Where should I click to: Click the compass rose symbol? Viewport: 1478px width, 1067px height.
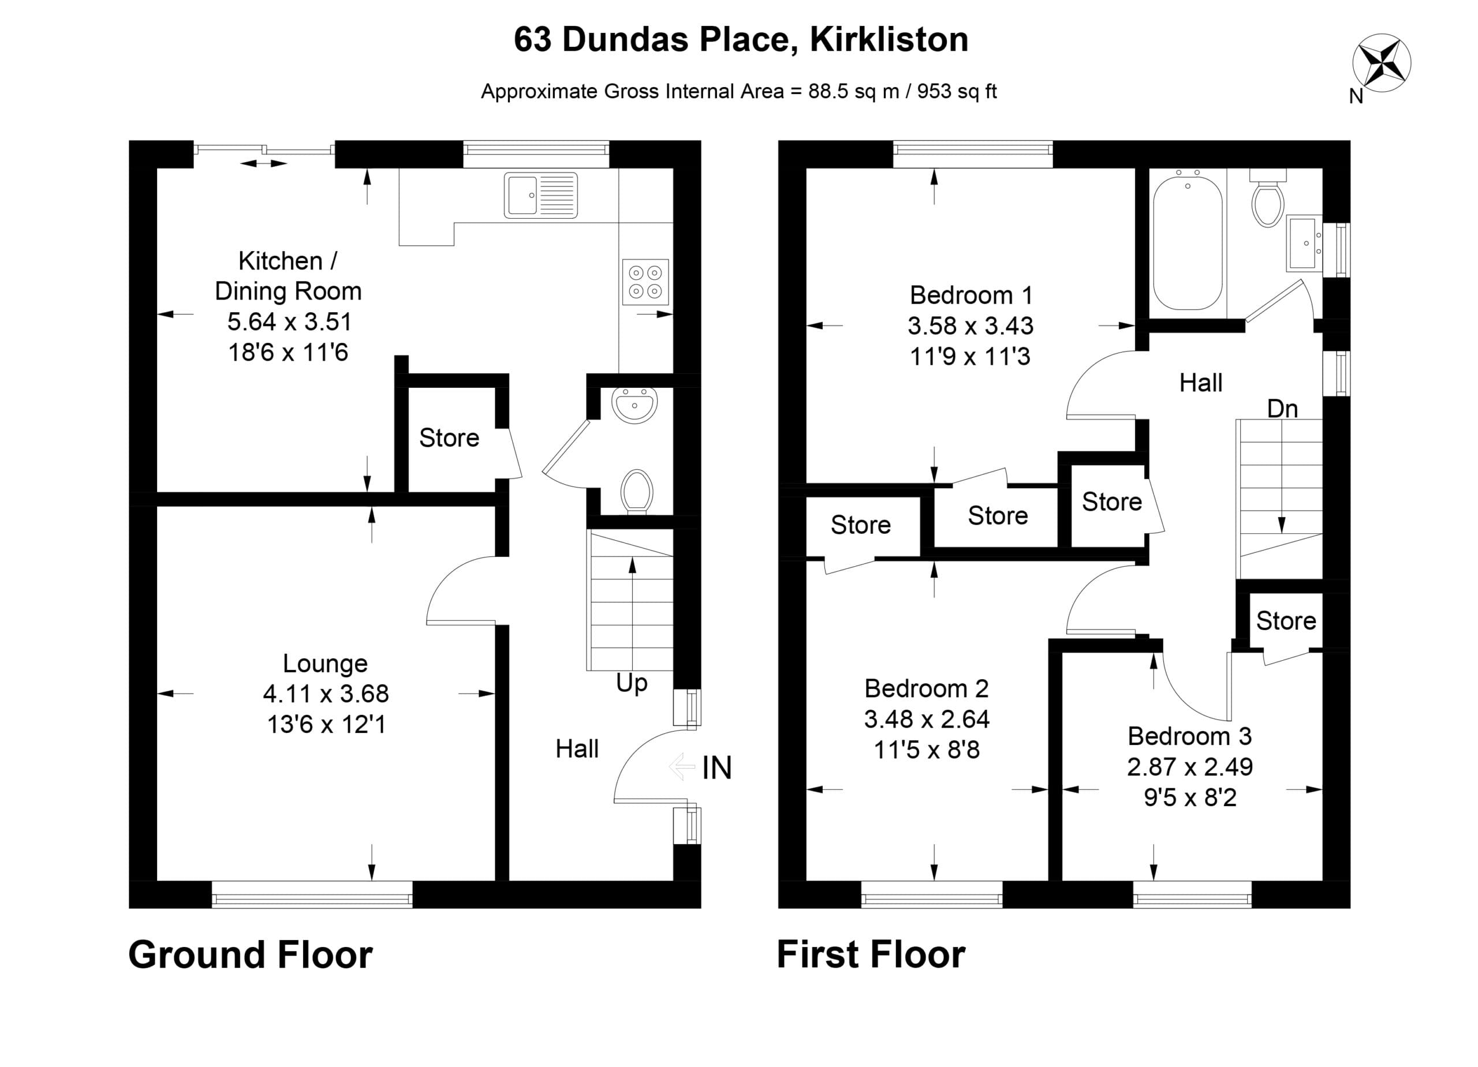pos(1382,63)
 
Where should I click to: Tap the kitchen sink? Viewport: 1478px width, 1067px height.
pos(540,195)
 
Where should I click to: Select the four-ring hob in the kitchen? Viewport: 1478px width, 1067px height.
pos(645,282)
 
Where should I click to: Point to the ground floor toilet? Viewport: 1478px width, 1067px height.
pos(637,492)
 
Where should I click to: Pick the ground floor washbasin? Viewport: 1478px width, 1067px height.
pos(634,405)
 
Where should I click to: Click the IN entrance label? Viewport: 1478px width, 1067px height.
pos(717,768)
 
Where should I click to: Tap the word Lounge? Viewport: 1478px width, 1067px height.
pos(325,664)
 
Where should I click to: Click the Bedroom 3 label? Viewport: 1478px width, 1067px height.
pos(1189,736)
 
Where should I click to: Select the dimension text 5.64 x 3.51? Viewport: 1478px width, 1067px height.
pos(289,322)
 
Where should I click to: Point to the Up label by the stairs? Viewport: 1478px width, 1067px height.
pos(632,683)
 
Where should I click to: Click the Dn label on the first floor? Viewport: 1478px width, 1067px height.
pos(1282,409)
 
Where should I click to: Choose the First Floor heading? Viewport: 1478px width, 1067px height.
pos(871,955)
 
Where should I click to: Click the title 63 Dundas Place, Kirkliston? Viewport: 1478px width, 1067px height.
pos(741,40)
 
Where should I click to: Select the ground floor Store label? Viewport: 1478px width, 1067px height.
pos(449,438)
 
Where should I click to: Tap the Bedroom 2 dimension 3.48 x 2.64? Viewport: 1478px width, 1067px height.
pos(927,719)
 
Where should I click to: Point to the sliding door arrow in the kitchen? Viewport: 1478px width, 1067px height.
pos(263,163)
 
